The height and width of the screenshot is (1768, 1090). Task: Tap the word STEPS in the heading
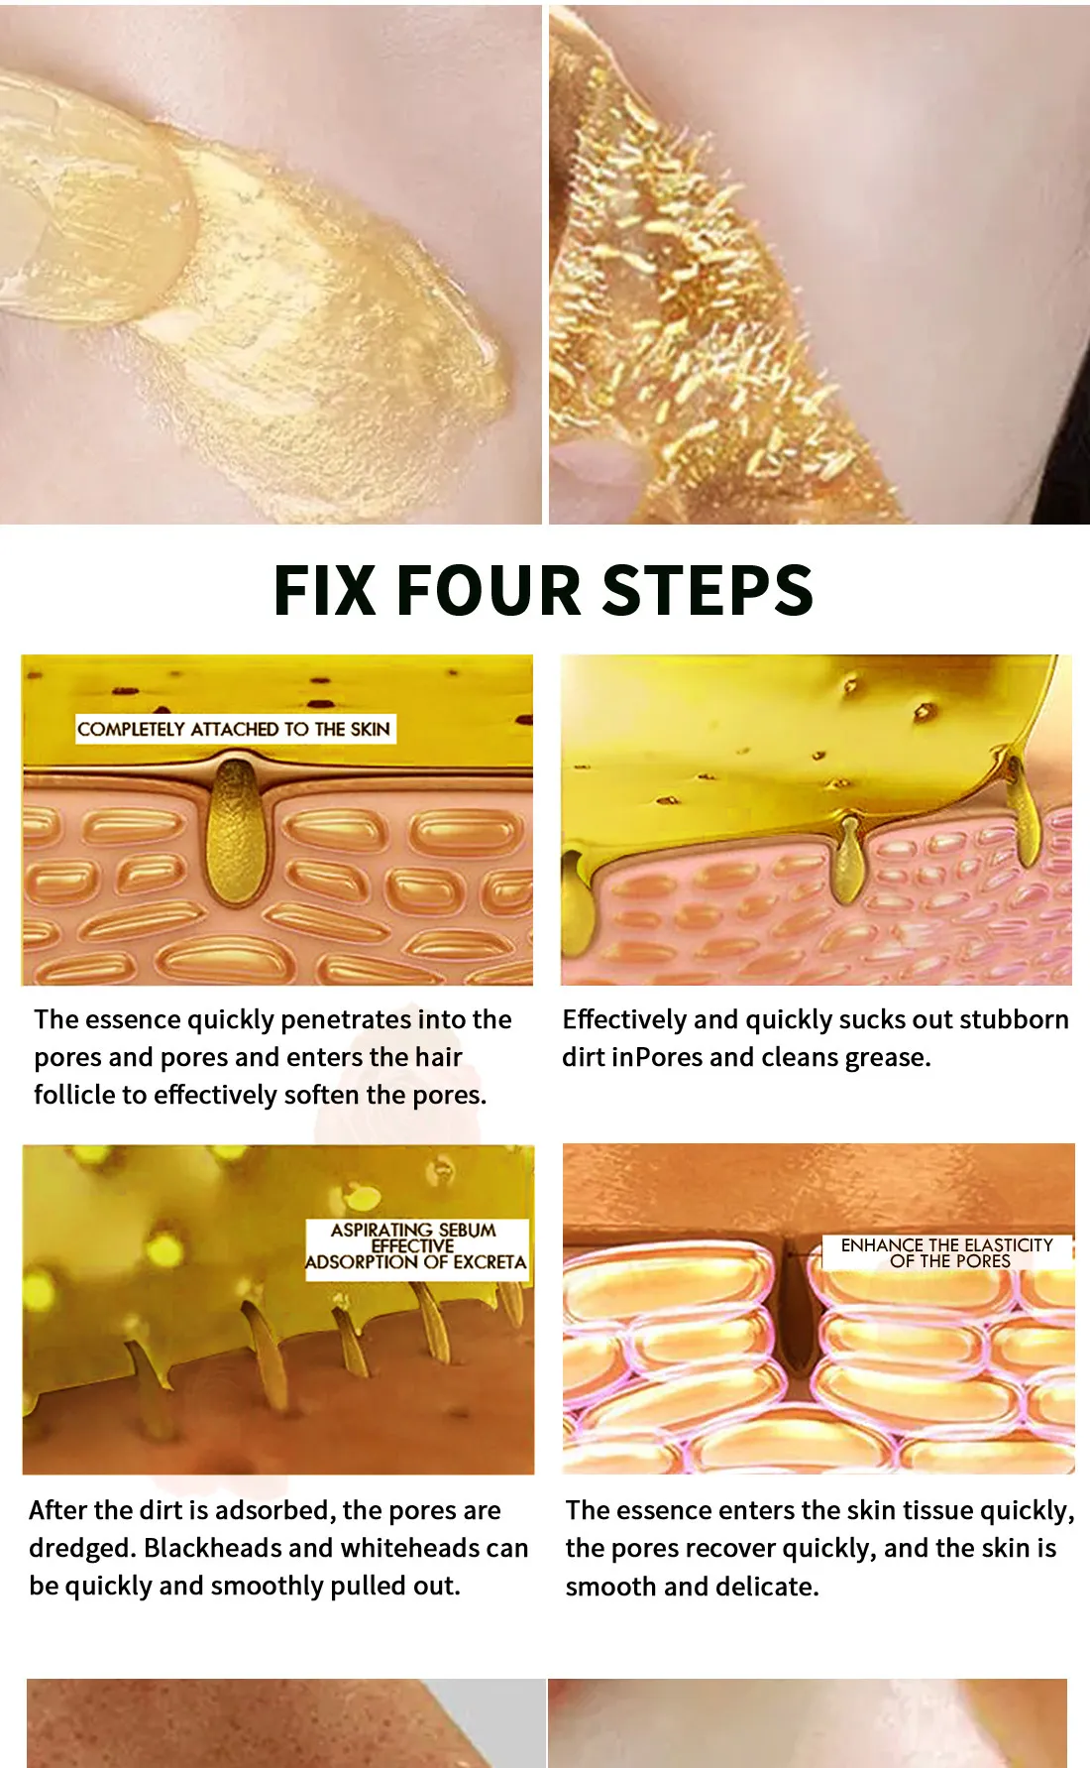pyautogui.click(x=708, y=590)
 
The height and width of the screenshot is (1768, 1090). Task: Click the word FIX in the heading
pyautogui.click(x=324, y=590)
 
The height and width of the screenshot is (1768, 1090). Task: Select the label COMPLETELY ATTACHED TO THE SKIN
pyautogui.click(x=234, y=729)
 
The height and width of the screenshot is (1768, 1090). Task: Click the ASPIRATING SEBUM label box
pyautogui.click(x=416, y=1246)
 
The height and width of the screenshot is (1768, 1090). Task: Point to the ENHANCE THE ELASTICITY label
pyautogui.click(x=947, y=1252)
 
